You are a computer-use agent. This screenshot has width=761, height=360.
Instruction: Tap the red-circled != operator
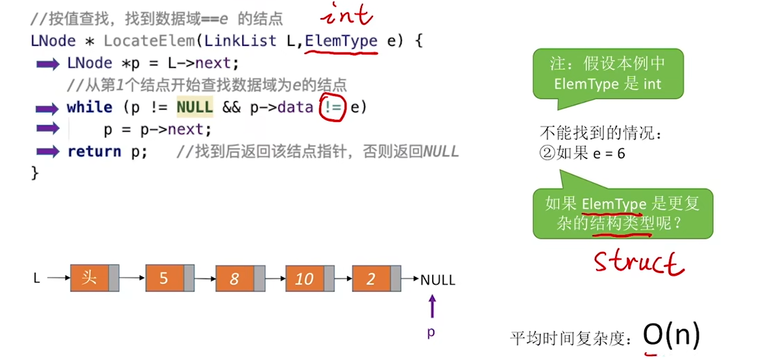point(333,107)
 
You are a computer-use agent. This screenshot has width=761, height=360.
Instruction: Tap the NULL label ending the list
point(438,280)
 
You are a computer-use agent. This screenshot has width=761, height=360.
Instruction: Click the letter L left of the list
point(37,279)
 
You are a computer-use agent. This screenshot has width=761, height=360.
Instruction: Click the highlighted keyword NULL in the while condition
point(194,108)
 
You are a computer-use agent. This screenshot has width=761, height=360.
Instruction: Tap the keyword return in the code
point(94,152)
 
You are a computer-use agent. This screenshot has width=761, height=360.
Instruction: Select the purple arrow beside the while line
point(47,108)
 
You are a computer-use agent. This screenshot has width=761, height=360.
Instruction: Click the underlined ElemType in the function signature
point(341,42)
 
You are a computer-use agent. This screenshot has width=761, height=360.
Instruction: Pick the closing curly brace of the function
point(35,173)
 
